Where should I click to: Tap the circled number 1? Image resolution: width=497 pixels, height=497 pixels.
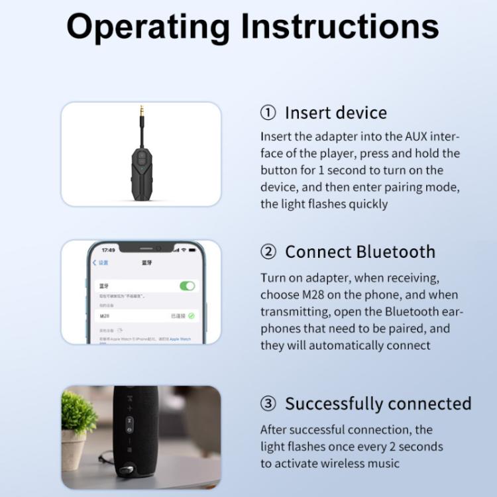[268, 113]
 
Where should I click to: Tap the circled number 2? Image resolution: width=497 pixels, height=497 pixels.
[268, 252]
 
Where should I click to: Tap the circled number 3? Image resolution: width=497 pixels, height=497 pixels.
[268, 404]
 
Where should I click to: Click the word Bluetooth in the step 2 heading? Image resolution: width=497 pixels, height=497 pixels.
[396, 252]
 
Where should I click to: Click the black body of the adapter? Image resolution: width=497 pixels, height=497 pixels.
[141, 166]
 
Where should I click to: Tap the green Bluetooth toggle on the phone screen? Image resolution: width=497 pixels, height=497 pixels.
[188, 286]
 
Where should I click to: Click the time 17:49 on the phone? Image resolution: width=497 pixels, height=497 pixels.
[107, 250]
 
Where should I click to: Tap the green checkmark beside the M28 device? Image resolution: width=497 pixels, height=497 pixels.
[192, 316]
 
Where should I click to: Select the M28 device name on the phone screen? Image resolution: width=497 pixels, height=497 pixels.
[104, 316]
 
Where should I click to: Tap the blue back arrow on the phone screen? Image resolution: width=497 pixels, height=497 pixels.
[94, 263]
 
